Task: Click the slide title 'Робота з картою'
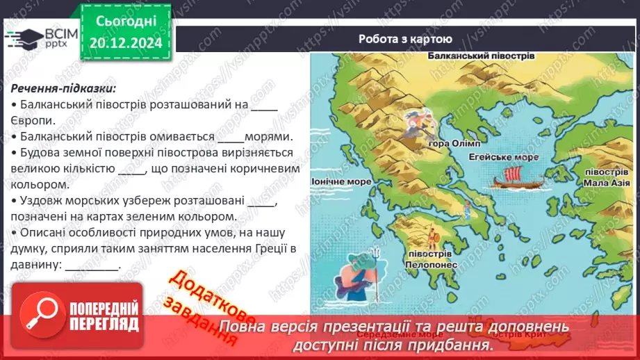pos(405,39)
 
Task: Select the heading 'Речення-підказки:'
pos(63,88)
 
